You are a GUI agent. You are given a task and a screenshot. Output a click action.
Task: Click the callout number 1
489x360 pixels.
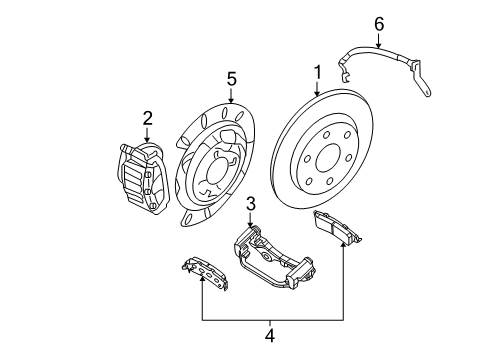tap(317, 73)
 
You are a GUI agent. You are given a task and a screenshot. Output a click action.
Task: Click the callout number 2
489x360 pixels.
tap(147, 119)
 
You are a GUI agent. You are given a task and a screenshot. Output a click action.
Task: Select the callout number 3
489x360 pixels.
tap(252, 204)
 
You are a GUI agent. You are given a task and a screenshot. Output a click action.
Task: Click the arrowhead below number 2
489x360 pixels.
tap(147, 141)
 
